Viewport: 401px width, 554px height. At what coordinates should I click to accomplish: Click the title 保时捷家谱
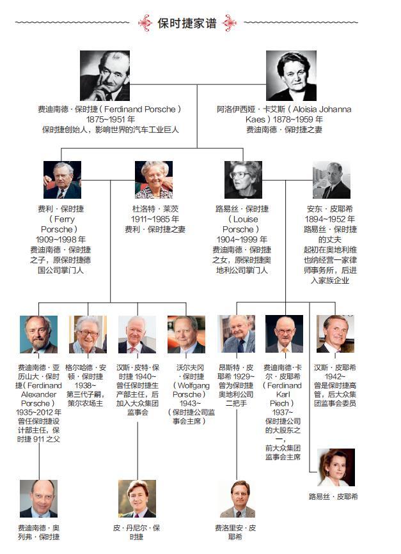tap(187, 24)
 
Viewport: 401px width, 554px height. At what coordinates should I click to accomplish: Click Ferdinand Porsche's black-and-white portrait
tap(105, 75)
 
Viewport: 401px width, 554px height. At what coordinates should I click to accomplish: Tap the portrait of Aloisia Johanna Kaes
tap(291, 75)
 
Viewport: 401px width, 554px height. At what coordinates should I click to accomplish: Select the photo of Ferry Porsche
tap(62, 180)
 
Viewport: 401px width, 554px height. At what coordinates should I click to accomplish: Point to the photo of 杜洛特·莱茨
tap(153, 180)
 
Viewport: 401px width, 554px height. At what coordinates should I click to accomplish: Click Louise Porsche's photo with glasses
tap(242, 180)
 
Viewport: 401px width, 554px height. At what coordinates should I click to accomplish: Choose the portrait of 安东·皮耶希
tap(331, 180)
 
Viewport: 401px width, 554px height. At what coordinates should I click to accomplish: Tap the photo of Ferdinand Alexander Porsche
tap(38, 334)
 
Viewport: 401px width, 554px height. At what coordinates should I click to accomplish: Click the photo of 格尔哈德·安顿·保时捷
tap(88, 334)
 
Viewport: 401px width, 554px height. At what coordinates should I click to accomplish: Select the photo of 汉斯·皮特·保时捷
tap(137, 334)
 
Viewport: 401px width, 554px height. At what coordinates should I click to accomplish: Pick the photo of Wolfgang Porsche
tap(186, 334)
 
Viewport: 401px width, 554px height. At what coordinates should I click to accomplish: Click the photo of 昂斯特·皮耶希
tap(235, 334)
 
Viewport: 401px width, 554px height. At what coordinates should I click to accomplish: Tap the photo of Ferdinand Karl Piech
tap(284, 334)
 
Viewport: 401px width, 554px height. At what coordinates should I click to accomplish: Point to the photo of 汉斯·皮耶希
tap(335, 334)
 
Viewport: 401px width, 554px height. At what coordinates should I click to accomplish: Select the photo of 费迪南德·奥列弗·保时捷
tap(38, 498)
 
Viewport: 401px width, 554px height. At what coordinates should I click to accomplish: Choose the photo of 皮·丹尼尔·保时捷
tap(137, 498)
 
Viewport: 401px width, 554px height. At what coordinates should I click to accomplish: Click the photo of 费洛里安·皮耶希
tap(237, 498)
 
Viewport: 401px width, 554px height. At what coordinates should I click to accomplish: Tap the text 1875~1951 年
tap(110, 119)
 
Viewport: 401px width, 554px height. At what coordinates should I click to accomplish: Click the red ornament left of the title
tap(145, 23)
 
